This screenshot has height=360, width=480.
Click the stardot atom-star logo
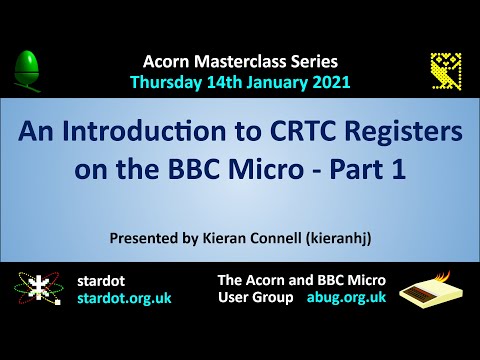coord(37,291)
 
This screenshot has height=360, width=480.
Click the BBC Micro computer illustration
coord(433,291)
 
